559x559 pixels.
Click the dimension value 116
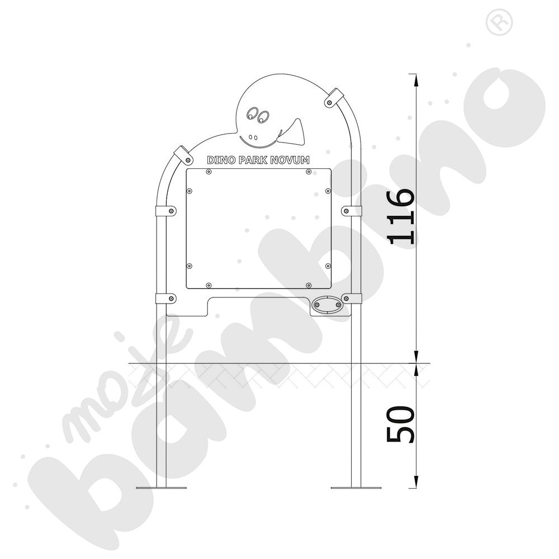401,216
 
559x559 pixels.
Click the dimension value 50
401,424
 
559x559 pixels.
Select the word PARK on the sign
253,160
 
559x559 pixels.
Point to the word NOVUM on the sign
290,160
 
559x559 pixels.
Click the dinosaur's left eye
252,113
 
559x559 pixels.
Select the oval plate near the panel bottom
326,305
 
